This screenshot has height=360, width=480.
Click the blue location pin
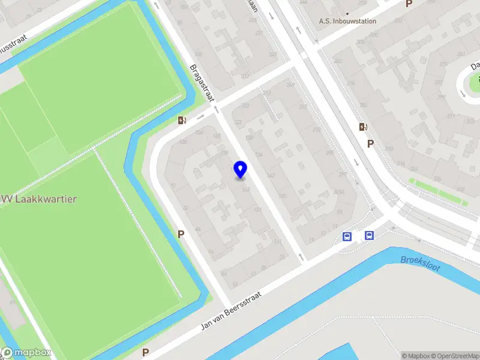[x=240, y=170]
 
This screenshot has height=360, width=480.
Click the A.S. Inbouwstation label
[x=347, y=21]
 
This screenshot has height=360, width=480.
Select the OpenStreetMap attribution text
[x=458, y=356]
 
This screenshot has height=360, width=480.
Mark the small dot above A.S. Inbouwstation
[x=347, y=13]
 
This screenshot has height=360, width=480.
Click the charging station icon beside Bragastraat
[x=182, y=120]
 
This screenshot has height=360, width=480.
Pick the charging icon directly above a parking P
[x=362, y=127]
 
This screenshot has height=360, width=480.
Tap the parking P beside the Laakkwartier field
[x=180, y=234]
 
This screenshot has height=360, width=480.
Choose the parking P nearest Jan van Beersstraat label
[x=145, y=352]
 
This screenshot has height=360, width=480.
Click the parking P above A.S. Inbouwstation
[x=409, y=4]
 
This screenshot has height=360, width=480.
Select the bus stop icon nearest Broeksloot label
[x=369, y=236]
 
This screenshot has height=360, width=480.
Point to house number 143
[x=245, y=190]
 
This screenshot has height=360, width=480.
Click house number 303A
[x=338, y=192]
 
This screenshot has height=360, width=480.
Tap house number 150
[x=282, y=196]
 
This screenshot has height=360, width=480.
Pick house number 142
[x=271, y=176]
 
